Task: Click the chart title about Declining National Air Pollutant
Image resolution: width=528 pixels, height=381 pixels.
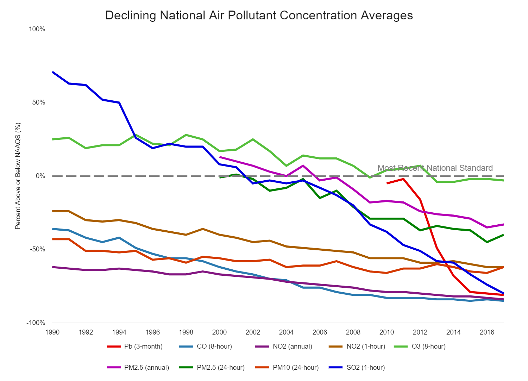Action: coord(259,15)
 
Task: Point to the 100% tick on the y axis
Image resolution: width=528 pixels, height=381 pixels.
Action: coord(37,29)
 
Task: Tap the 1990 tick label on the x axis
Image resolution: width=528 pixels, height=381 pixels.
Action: coord(52,332)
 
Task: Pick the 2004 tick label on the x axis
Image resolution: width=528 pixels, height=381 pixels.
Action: coord(286,332)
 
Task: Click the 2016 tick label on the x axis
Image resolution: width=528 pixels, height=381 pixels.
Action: coord(487,332)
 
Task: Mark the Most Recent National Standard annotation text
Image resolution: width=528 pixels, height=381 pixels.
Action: coord(435,168)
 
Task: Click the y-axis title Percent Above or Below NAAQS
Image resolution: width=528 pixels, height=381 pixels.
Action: coord(18,176)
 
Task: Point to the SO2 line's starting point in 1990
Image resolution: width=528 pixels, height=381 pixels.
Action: coord(52,72)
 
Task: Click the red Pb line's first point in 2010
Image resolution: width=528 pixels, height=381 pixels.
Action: coord(387,183)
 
